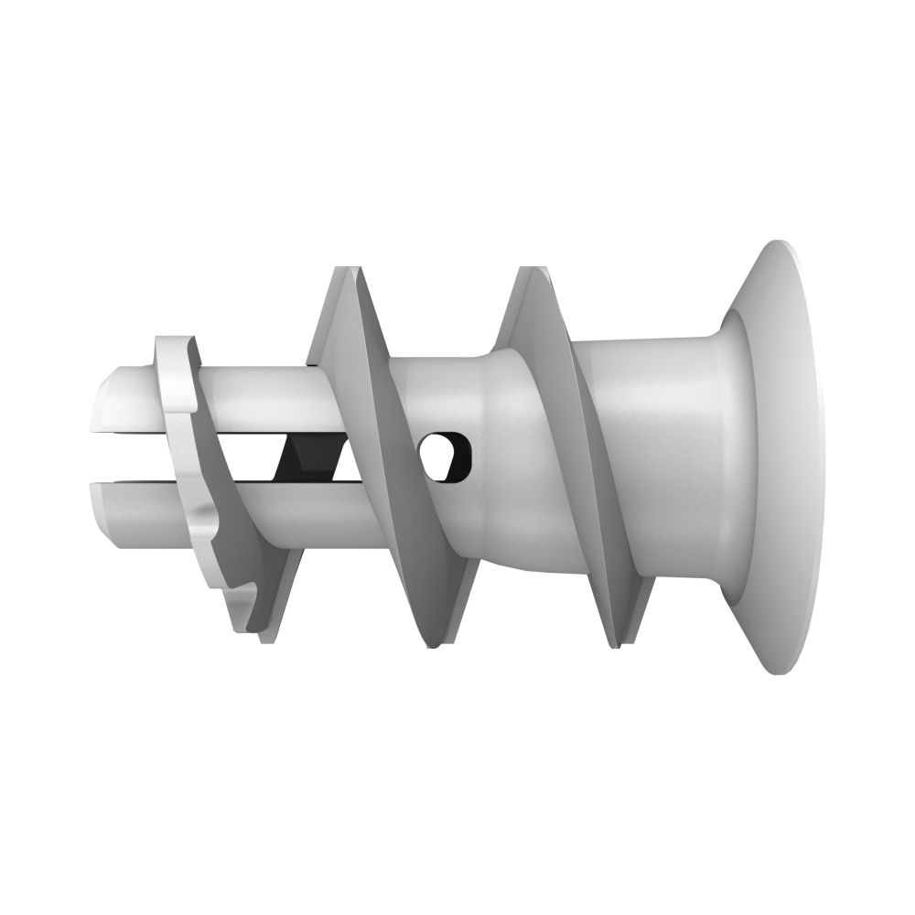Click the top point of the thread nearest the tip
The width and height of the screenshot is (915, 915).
coord(346,271)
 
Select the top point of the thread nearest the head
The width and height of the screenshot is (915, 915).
coord(529,271)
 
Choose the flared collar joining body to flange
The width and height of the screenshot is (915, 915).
coord(723,457)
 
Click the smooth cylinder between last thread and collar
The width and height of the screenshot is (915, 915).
coord(640,457)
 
